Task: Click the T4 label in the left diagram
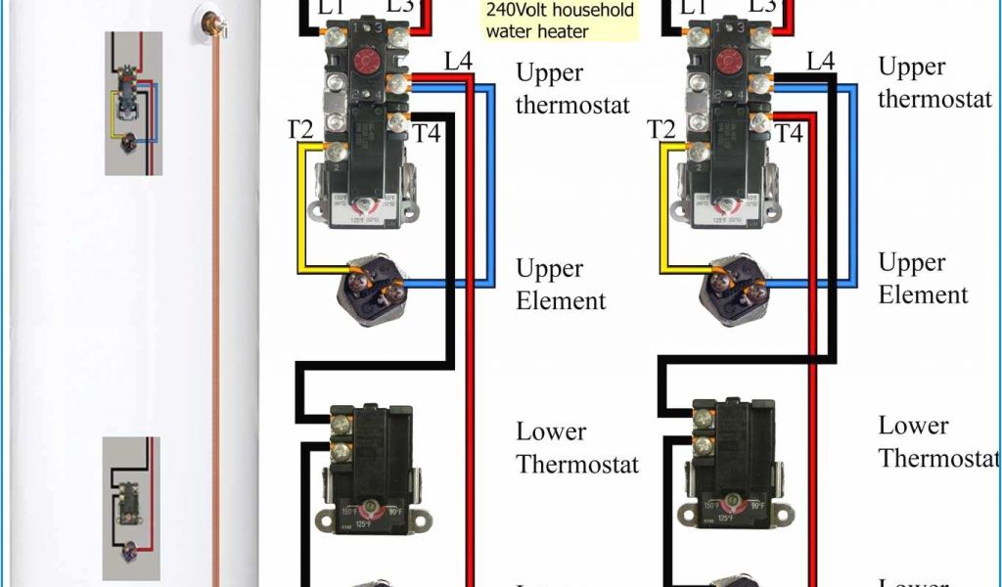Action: [x=428, y=133]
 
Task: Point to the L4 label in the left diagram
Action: [x=458, y=62]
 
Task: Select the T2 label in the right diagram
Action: [x=661, y=129]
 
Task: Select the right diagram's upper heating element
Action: [x=732, y=287]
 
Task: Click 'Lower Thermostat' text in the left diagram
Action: [x=576, y=447]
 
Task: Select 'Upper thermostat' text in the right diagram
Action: [x=934, y=83]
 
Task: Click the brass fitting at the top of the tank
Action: [x=208, y=20]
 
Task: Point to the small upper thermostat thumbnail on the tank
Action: [x=133, y=102]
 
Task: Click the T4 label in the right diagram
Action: [x=790, y=132]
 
